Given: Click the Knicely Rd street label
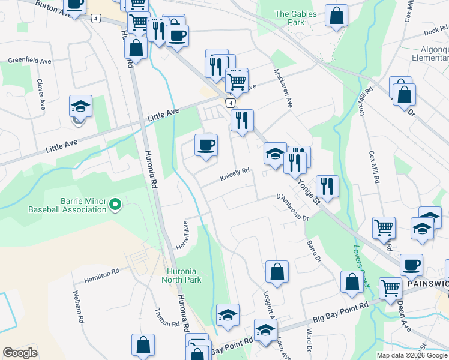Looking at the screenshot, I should pos(234,173).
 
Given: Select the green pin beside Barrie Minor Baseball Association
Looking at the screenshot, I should pos(115,206).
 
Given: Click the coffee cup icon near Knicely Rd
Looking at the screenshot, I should pos(206,145).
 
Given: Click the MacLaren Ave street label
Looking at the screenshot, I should pos(283,88).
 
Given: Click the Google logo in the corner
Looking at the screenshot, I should pos(20,352).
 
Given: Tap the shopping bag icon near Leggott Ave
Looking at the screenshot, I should pos(277,271).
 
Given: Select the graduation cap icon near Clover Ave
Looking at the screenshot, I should pos(80,106).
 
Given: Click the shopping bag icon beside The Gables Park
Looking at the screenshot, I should pos(337,16).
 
